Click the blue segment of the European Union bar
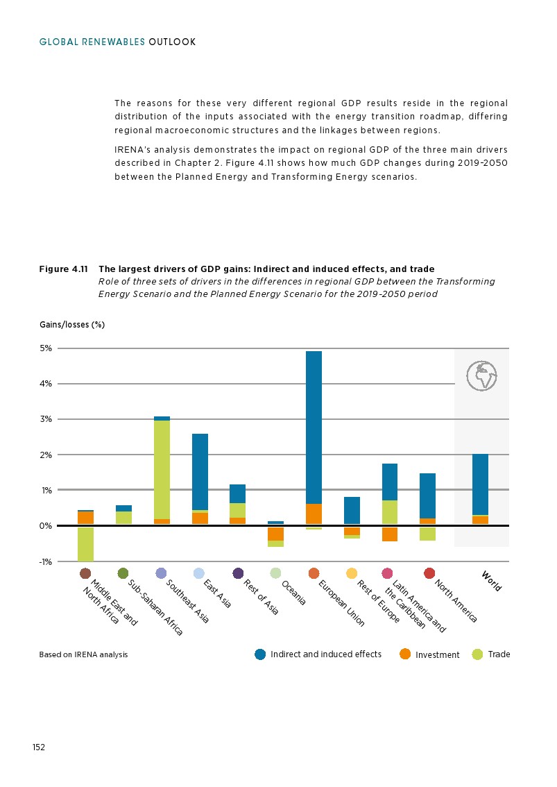(x=314, y=427)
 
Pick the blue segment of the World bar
(x=480, y=484)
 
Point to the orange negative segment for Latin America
(x=389, y=534)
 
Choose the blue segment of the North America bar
(x=427, y=496)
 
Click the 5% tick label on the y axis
(x=46, y=348)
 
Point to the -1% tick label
(x=46, y=561)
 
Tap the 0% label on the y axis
(x=46, y=526)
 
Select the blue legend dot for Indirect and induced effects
(x=260, y=654)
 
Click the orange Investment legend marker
(x=405, y=654)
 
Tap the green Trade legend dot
(x=477, y=654)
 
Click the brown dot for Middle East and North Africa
(x=85, y=573)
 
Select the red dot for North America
(x=429, y=573)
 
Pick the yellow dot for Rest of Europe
(x=352, y=573)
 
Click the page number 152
(x=39, y=747)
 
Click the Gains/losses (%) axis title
(x=71, y=324)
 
